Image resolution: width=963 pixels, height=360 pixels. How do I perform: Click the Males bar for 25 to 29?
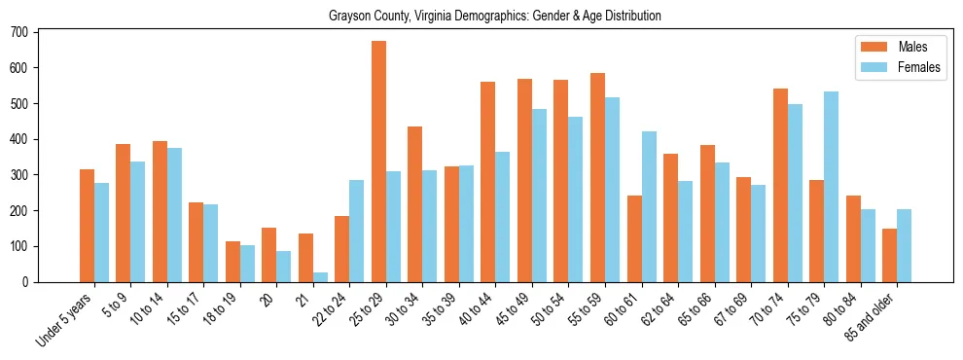coord(378,162)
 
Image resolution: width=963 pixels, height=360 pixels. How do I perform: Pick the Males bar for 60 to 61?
coord(634,238)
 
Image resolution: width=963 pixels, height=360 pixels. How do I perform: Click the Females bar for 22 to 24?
coord(357,231)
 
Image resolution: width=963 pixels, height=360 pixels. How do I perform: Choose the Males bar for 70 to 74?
coord(780,185)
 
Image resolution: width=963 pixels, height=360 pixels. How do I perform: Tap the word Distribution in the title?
coord(629,16)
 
